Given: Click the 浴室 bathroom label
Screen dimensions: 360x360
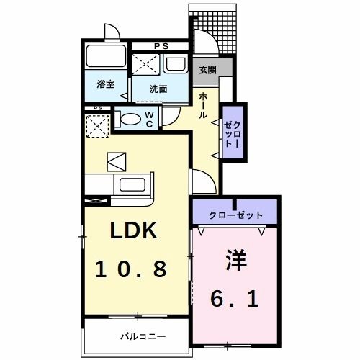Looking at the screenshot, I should click(106, 84).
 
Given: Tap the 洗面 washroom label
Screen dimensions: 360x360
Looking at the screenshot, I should click(158, 89).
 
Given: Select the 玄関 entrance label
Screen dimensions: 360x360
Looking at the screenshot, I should click(207, 70).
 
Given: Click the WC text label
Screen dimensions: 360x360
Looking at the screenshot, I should click(148, 119).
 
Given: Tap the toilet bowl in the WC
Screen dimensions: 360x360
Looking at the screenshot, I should click(130, 120).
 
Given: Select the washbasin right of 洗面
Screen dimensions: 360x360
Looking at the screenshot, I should click(176, 64).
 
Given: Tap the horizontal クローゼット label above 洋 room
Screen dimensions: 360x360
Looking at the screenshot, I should click(235, 215).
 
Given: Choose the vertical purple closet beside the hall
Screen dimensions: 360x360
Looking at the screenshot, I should click(233, 132).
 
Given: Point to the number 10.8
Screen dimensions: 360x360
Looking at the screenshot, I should click(133, 269).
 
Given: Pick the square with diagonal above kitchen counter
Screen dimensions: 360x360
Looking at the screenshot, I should click(116, 162).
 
